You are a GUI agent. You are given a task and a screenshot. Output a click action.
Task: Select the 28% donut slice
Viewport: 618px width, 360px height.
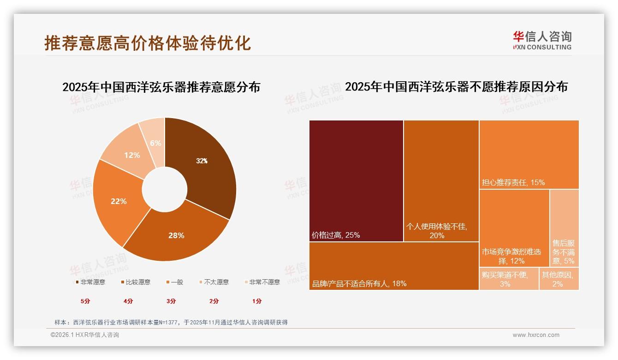[176, 235]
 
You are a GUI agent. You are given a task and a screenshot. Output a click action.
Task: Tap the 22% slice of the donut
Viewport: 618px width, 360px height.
[119, 201]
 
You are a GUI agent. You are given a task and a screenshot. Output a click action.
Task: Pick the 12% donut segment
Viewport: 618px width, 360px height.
[132, 155]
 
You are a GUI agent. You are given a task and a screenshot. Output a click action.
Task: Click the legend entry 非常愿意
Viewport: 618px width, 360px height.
[90, 282]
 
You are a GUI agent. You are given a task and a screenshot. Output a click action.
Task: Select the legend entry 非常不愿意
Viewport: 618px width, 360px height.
[261, 282]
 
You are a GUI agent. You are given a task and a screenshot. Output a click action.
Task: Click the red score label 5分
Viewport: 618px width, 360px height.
[85, 301]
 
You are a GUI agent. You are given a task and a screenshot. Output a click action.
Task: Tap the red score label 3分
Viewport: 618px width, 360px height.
[171, 301]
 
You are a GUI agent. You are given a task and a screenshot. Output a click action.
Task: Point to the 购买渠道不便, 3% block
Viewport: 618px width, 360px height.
[509, 279]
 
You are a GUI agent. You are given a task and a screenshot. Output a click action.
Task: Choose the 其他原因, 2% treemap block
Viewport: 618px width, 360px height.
[559, 279]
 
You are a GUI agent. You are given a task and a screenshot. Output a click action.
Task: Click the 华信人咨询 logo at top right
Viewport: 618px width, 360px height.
[542, 40]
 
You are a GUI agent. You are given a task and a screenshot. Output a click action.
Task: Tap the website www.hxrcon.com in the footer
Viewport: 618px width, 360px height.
[536, 335]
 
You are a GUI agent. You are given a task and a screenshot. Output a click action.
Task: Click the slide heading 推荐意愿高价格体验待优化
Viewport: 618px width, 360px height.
[148, 43]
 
